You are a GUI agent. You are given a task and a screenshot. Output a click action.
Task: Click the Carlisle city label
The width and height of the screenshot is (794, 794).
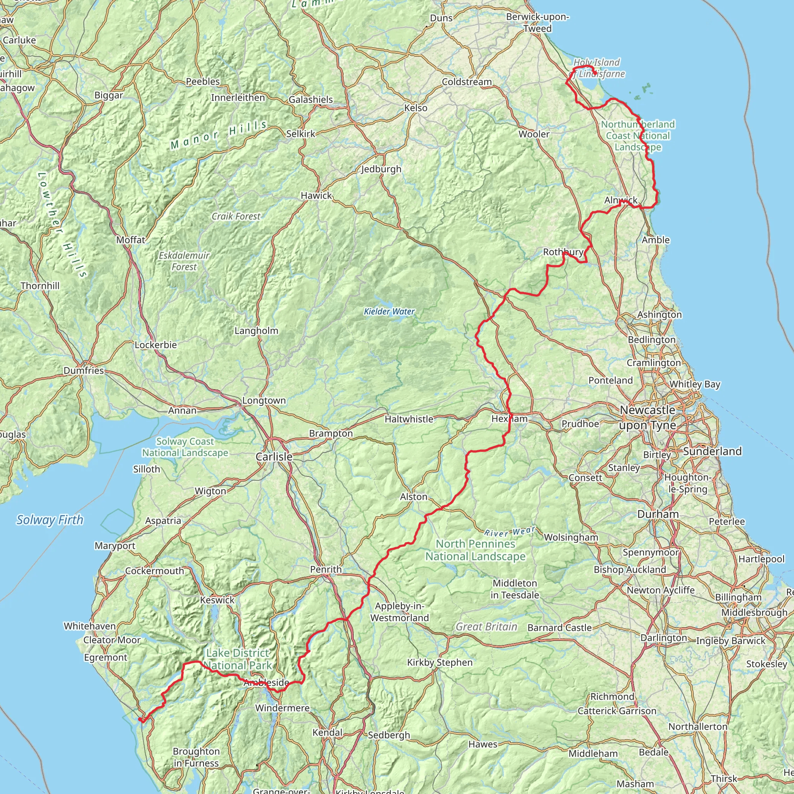coord(274,457)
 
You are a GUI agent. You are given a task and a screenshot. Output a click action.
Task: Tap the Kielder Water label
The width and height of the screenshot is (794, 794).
coord(389,312)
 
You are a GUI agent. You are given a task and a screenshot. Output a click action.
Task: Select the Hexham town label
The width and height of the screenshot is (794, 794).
coord(509,419)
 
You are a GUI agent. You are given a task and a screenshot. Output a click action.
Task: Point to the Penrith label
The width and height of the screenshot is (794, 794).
coord(326,569)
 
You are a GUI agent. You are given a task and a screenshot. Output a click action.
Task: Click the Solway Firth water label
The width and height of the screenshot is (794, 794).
coord(50,520)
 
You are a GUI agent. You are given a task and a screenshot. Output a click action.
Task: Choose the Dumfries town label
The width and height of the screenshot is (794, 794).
coord(84,370)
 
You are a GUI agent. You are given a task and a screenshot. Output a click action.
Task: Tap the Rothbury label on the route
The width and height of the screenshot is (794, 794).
coord(563,252)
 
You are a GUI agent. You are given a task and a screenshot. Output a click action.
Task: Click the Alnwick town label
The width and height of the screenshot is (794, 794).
coord(621,200)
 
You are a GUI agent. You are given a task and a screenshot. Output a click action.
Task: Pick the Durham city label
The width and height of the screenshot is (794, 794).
coord(658,514)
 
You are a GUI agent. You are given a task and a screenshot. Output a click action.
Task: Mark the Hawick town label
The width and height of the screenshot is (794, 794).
coord(316,196)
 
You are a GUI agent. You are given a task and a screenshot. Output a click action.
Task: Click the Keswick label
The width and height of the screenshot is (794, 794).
coord(217,600)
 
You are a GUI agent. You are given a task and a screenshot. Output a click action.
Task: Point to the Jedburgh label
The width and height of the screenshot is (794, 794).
coord(381,169)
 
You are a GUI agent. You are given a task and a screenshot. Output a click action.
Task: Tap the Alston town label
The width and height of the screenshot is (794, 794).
coord(414,497)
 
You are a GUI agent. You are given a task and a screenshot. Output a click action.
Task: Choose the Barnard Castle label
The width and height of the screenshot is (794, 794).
coord(560,628)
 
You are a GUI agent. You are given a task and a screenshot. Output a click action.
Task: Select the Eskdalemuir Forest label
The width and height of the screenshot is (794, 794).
coord(184,261)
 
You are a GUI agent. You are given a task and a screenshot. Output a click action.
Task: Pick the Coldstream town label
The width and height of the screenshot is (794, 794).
coord(467,82)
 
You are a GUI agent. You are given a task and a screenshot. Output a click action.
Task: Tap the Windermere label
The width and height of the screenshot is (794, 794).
coord(282,708)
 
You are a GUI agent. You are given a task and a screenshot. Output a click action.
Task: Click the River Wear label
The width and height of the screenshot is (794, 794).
coord(509,532)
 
